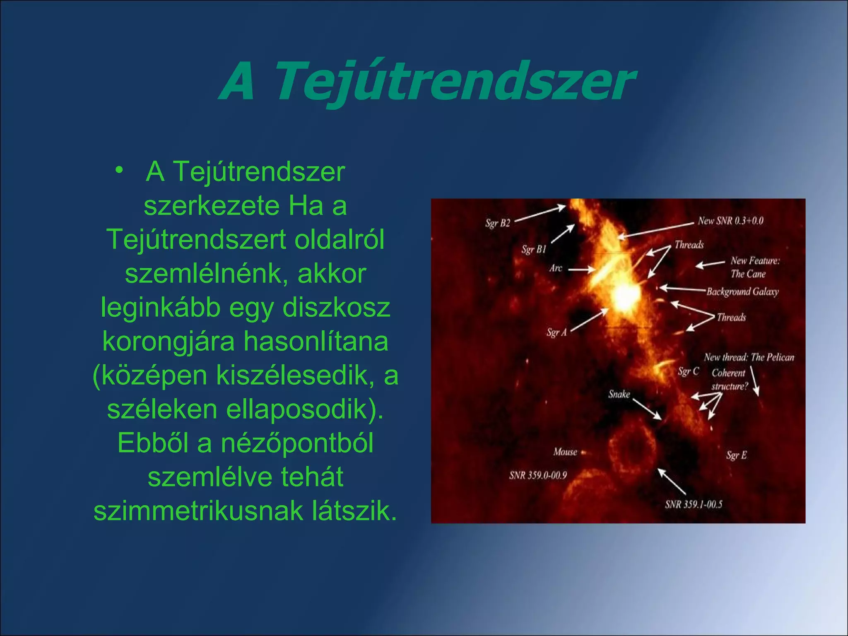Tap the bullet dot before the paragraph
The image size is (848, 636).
click(x=119, y=170)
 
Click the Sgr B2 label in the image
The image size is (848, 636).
click(x=498, y=223)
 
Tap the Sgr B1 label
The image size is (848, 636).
click(x=534, y=249)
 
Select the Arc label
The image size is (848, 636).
click(x=556, y=268)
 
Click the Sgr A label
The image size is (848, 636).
click(x=556, y=332)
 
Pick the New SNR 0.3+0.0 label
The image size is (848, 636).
click(x=730, y=221)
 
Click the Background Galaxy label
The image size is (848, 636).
click(x=742, y=291)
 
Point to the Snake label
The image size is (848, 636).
click(x=619, y=394)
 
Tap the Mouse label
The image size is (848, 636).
click(x=565, y=452)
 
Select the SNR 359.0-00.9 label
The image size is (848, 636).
click(x=538, y=475)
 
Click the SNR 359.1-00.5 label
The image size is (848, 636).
click(x=694, y=504)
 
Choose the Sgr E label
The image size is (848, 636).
click(x=736, y=455)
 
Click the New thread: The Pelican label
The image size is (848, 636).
click(x=749, y=357)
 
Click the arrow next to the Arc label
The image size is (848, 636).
click(x=581, y=270)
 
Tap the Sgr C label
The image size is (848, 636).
click(x=688, y=371)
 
